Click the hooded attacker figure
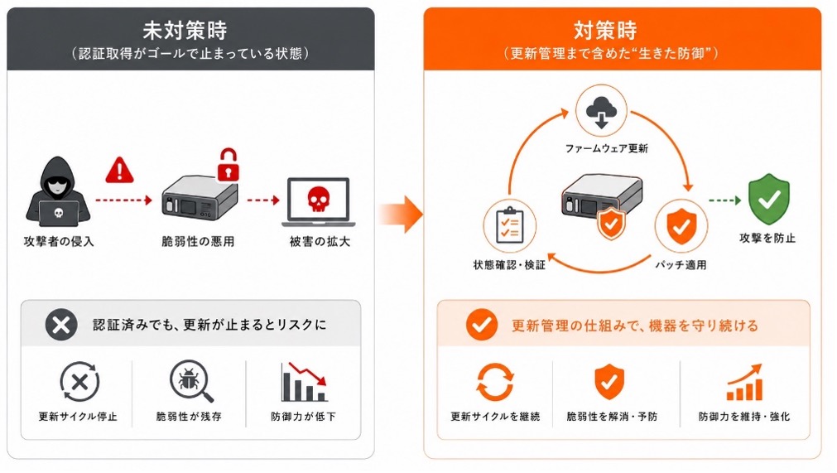(58, 191)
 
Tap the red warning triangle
(119, 171)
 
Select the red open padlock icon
(228, 164)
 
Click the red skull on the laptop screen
(319, 199)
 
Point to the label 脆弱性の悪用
(198, 241)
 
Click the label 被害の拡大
(320, 241)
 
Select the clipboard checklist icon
(510, 225)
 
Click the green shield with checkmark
(768, 199)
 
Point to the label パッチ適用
(681, 265)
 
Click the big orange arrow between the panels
(402, 214)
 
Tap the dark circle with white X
(61, 325)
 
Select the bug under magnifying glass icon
(191, 381)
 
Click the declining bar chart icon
(304, 382)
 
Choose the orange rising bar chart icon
(744, 382)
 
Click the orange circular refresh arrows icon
(495, 382)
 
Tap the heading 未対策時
(185, 31)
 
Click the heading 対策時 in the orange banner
(605, 31)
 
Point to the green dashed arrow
(724, 200)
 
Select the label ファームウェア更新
(606, 148)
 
